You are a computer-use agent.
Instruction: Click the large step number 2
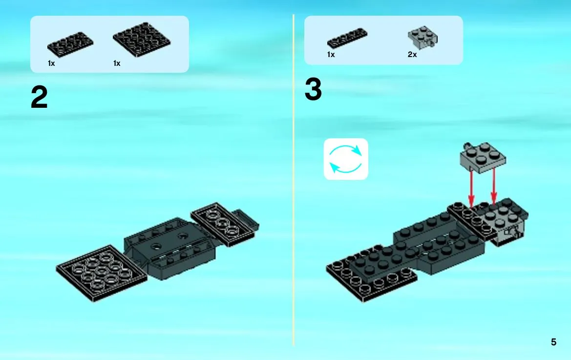click(x=39, y=97)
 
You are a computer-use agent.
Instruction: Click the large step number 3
click(x=313, y=89)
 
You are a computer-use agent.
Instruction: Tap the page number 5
click(x=553, y=342)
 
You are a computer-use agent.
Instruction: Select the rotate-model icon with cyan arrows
click(x=346, y=159)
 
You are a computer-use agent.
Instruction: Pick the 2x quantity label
click(x=412, y=55)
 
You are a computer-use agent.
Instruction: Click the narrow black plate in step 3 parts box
click(x=347, y=38)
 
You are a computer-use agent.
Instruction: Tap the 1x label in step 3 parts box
click(x=331, y=55)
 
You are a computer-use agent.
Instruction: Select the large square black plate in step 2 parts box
click(x=142, y=40)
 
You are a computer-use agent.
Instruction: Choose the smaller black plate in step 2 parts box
click(x=70, y=45)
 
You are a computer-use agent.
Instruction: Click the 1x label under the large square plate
click(x=117, y=63)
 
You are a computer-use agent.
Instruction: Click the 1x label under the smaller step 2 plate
click(x=51, y=63)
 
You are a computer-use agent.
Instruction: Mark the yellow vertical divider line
click(x=293, y=180)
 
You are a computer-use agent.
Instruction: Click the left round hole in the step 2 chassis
click(x=157, y=246)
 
